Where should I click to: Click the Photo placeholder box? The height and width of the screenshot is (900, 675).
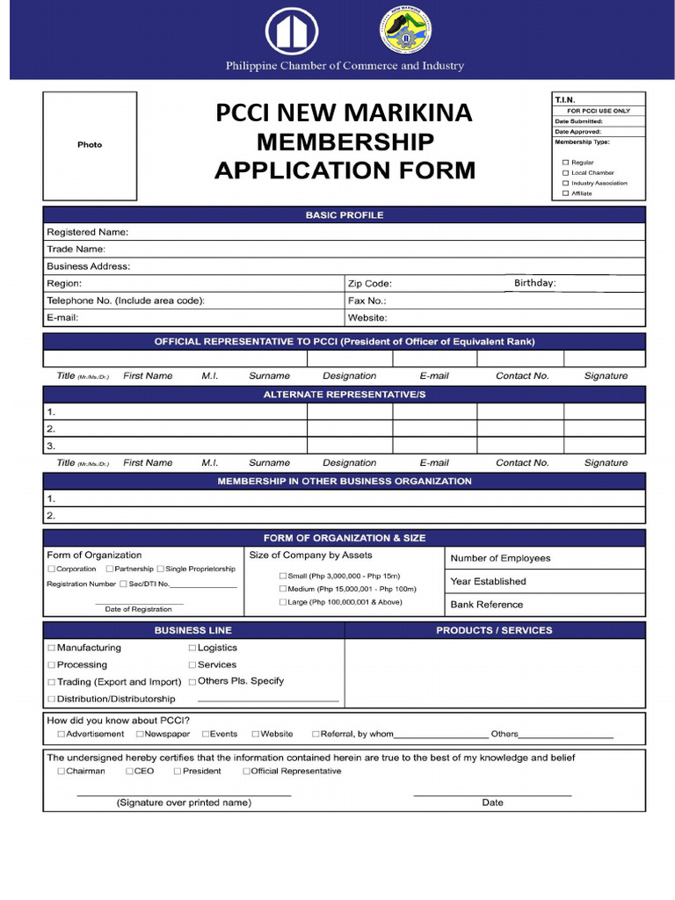point(90,145)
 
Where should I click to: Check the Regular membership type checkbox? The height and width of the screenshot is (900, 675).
point(565,163)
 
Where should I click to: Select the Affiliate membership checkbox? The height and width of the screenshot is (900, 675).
point(565,193)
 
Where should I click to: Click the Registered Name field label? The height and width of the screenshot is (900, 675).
point(87,232)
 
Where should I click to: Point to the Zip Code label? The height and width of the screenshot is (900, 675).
point(369,284)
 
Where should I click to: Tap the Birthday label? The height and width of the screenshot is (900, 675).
point(534,283)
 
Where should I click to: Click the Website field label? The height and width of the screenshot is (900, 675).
point(367,318)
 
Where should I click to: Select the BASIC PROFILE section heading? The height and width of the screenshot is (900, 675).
point(344,215)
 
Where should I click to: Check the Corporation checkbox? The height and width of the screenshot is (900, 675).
point(51,570)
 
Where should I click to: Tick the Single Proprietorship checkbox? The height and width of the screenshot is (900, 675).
point(160,570)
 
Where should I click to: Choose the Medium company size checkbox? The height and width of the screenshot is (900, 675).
point(282,589)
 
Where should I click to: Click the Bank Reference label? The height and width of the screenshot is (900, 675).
point(486,605)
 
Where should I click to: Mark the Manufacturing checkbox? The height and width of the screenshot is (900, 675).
point(51,649)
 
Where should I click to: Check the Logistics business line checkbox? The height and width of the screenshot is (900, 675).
point(192,649)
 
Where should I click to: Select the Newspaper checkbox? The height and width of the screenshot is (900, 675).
point(139,734)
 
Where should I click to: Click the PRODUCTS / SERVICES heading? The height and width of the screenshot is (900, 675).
point(494,630)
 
